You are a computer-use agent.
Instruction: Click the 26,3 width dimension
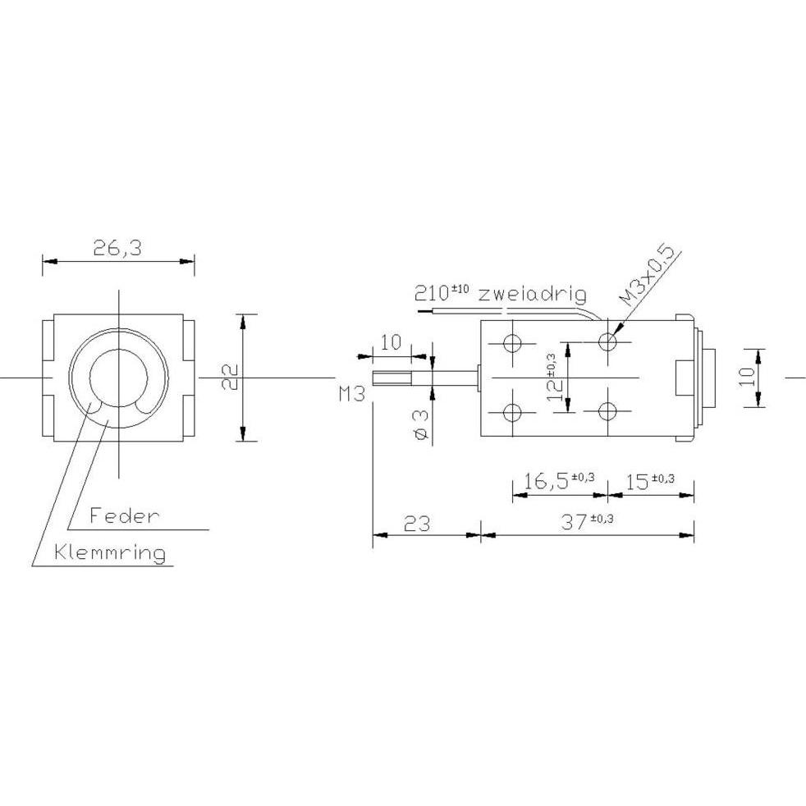pos(117,249)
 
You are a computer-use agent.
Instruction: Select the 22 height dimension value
pos(231,377)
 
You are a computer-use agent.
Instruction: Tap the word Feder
pos(123,516)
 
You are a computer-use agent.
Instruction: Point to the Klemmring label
pos(110,552)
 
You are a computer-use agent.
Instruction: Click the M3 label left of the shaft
pos(351,395)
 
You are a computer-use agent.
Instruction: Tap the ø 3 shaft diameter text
pos(422,424)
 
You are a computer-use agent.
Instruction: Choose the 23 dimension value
pos(417,523)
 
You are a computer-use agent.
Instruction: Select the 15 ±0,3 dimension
pos(650,480)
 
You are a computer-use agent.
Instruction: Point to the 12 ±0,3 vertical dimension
pos(556,377)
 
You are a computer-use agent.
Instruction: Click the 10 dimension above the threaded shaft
pos(392,341)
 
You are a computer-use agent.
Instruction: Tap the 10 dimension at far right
pos(745,377)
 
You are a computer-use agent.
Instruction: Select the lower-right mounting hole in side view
pos(607,411)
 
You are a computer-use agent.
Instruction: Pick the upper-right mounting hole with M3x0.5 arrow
pos(607,341)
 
